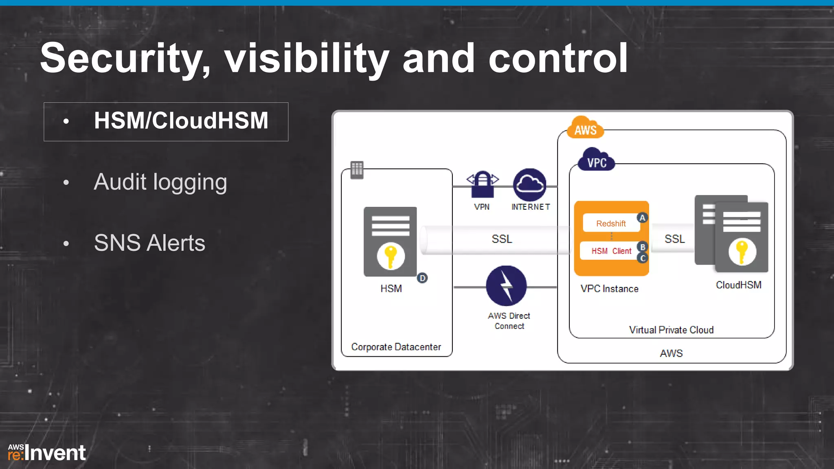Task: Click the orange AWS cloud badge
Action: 585,128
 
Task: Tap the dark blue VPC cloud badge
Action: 597,161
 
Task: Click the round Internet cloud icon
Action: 530,184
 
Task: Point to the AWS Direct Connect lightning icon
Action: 506,286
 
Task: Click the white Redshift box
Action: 611,223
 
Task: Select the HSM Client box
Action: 611,251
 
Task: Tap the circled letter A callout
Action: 642,218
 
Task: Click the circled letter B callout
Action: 643,247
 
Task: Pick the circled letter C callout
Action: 643,258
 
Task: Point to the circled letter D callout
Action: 422,278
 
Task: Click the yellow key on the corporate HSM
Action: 391,256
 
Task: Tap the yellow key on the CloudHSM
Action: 742,251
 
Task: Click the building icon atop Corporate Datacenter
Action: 357,169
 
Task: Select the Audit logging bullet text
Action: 160,182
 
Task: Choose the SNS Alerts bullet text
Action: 149,243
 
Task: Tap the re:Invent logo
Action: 47,453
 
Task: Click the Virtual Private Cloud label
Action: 671,330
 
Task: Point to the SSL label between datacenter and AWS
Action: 502,239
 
